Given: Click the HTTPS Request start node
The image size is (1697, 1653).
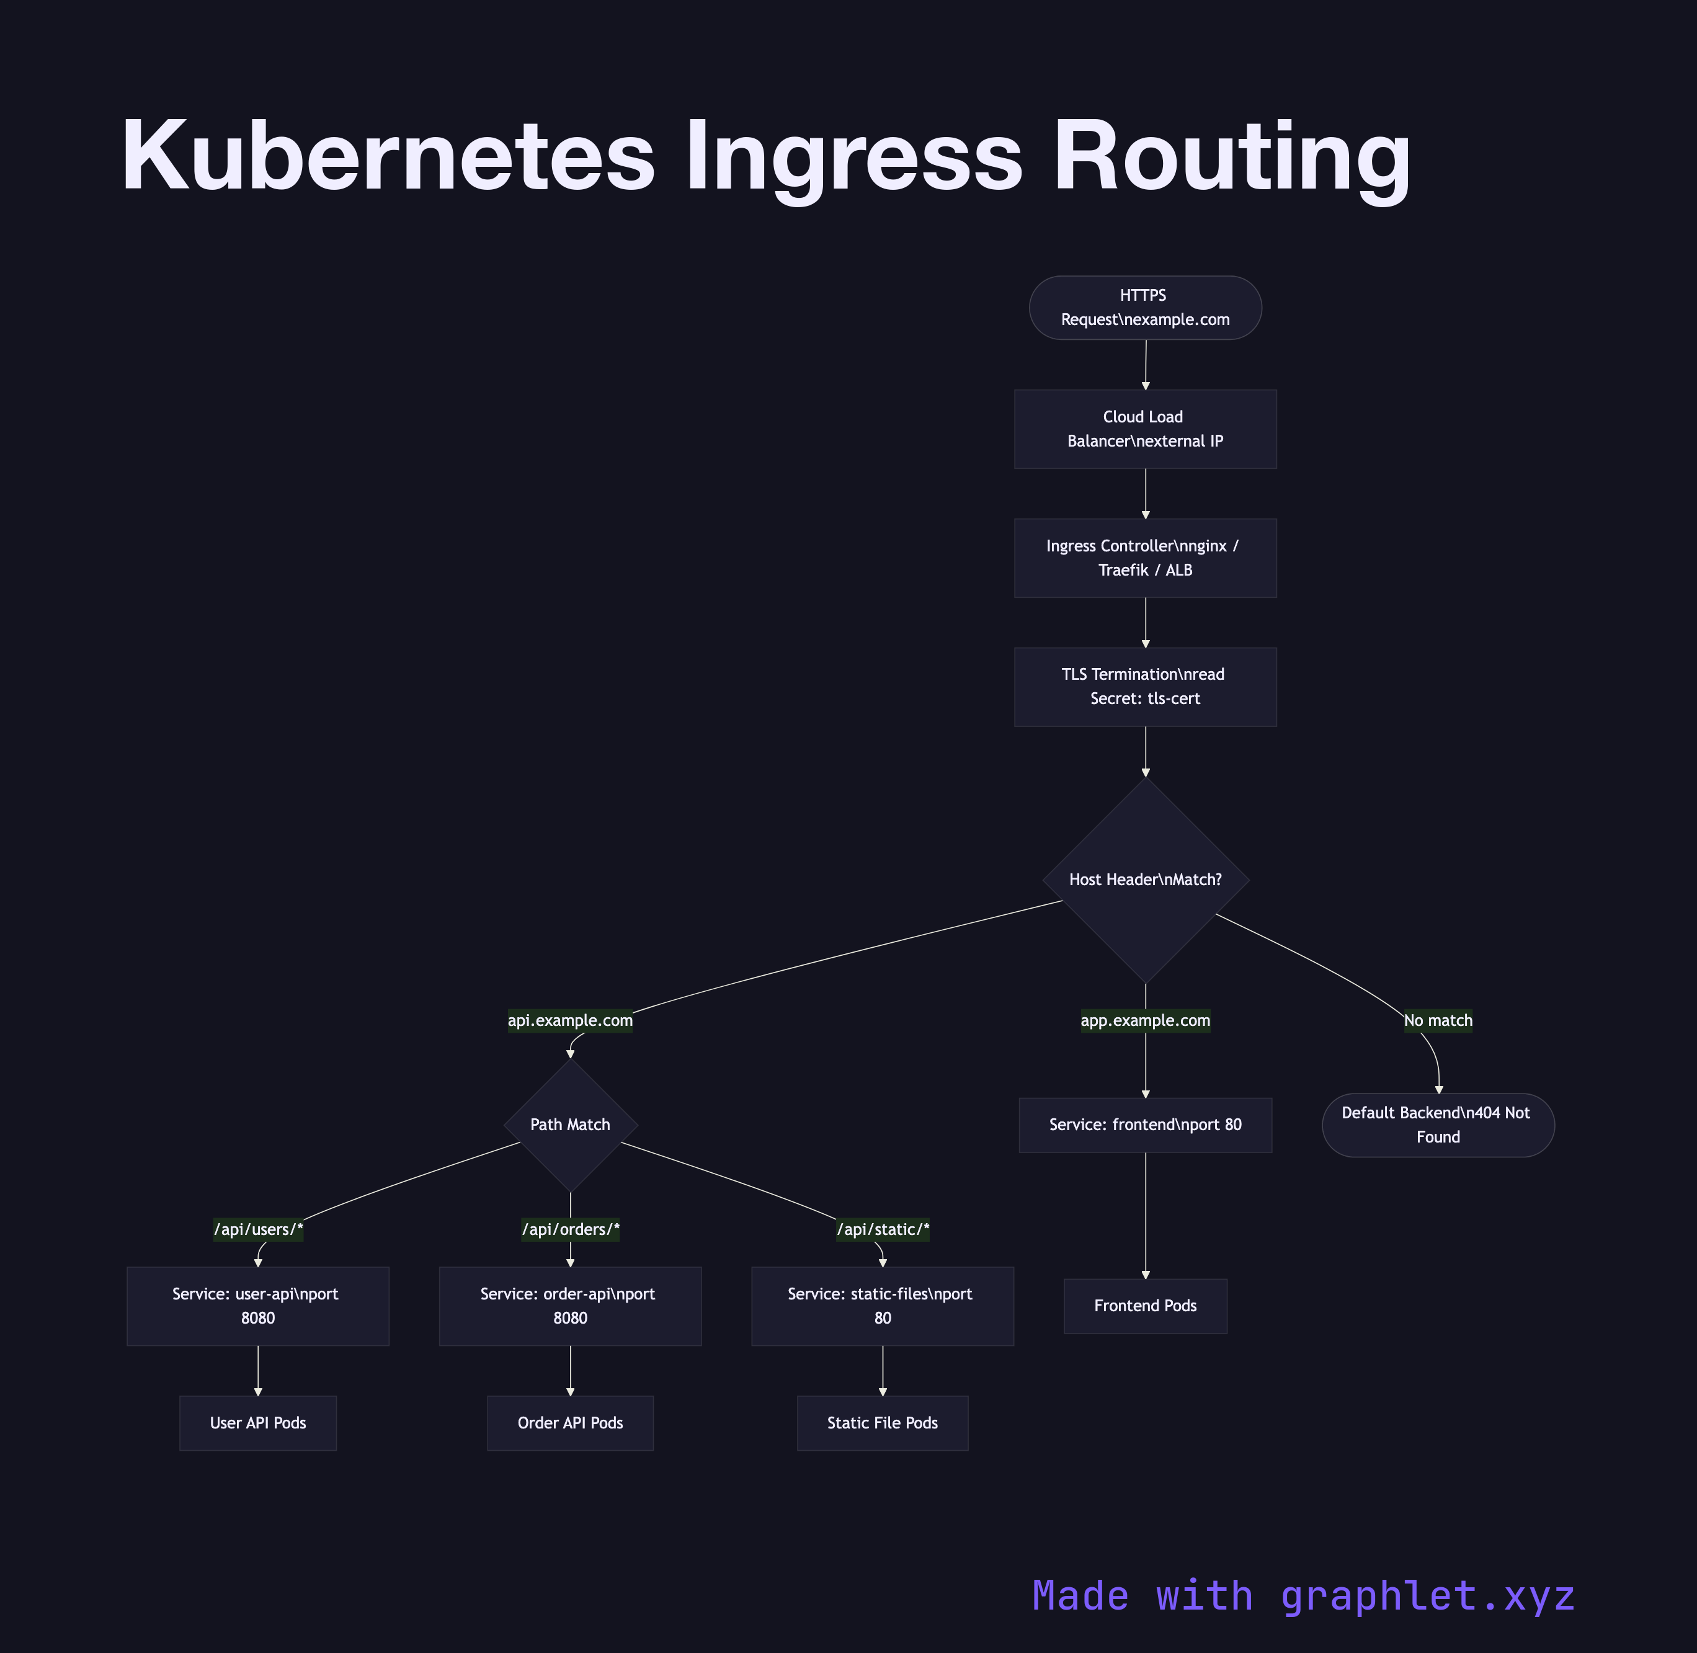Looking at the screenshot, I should [1145, 307].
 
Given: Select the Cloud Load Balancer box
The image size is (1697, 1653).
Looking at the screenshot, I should [1145, 429].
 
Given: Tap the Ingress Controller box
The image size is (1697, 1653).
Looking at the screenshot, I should [1145, 558].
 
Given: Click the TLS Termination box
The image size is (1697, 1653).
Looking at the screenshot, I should [1145, 687].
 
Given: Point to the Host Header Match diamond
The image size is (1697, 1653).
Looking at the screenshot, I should [1145, 880].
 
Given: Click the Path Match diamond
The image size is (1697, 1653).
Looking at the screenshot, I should [570, 1125].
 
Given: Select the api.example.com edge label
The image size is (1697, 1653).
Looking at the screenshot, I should [570, 1020].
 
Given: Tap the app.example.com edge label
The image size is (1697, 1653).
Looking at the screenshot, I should [1145, 1020].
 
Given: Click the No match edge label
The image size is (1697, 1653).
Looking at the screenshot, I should [1438, 1020].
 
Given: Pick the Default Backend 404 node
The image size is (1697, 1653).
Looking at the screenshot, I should [1438, 1125].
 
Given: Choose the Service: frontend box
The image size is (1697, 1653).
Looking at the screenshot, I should [1145, 1125].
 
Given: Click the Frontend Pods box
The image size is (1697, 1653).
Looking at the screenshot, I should [1145, 1306].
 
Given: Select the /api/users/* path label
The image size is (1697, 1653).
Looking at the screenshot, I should [259, 1229].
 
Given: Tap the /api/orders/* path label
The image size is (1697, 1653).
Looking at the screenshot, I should [570, 1229].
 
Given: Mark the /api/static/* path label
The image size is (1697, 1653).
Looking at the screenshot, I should [883, 1229].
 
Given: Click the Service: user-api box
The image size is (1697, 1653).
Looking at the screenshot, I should [258, 1306].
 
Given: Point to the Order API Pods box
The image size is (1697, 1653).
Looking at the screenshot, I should [570, 1423].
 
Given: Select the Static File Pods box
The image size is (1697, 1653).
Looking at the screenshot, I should [883, 1423].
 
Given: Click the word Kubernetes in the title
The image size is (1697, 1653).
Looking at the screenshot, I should [387, 156].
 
